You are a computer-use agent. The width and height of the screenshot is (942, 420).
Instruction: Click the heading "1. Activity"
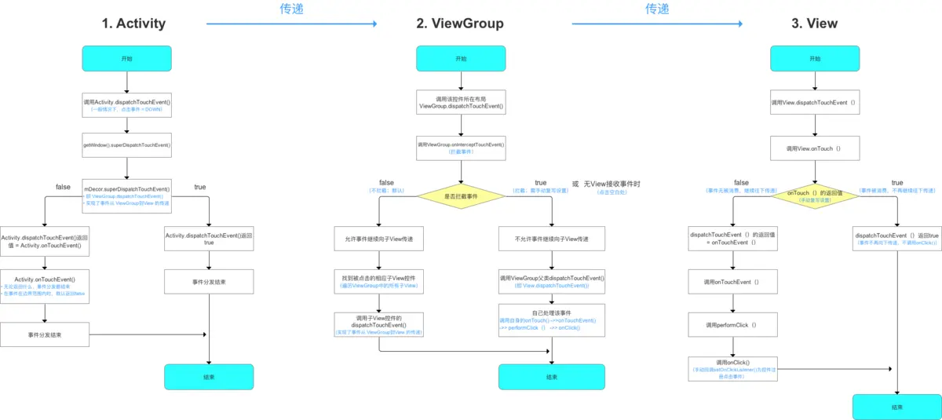pyautogui.click(x=133, y=23)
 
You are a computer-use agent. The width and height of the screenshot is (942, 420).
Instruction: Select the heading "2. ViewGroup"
pyautogui.click(x=460, y=23)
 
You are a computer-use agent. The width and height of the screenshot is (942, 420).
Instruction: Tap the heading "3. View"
pyautogui.click(x=814, y=23)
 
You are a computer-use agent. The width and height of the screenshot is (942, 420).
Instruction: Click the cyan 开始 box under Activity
pyautogui.click(x=126, y=59)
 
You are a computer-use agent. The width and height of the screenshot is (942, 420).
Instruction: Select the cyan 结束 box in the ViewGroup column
pyautogui.click(x=552, y=377)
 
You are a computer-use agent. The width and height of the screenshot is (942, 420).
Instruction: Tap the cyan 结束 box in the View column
pyautogui.click(x=896, y=407)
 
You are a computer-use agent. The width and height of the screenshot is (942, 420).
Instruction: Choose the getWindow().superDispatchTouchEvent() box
pyautogui.click(x=126, y=144)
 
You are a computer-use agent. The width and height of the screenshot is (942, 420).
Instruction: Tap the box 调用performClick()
pyautogui.click(x=732, y=324)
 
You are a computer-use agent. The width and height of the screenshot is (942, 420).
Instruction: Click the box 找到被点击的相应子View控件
pyautogui.click(x=378, y=283)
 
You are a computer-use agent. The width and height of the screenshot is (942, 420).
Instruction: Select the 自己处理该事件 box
pyautogui.click(x=552, y=320)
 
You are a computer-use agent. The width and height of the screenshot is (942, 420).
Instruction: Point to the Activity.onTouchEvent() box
pyautogui.click(x=46, y=287)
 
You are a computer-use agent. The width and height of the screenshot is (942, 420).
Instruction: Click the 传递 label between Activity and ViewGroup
pyautogui.click(x=291, y=9)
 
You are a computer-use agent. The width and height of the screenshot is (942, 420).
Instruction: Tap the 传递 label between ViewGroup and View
pyautogui.click(x=657, y=9)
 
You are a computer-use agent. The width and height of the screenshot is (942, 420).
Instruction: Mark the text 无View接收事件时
pyautogui.click(x=612, y=184)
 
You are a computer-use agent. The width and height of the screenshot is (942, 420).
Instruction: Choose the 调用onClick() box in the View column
pyautogui.click(x=732, y=367)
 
